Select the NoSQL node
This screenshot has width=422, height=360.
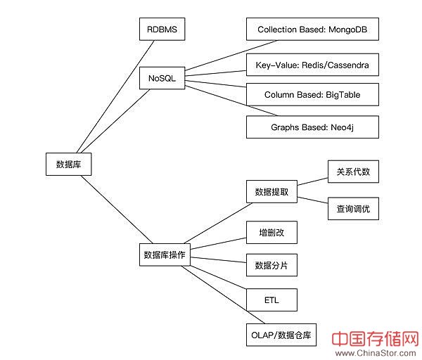click(161, 78)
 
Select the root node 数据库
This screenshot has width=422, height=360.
click(68, 165)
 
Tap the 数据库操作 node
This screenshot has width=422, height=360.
click(164, 255)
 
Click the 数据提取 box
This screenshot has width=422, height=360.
click(271, 191)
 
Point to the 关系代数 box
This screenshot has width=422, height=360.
click(353, 172)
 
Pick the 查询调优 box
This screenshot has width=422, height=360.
click(353, 208)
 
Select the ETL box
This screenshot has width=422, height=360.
click(271, 300)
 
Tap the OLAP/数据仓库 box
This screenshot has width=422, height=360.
click(281, 335)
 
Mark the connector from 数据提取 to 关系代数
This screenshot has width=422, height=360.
click(312, 181)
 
